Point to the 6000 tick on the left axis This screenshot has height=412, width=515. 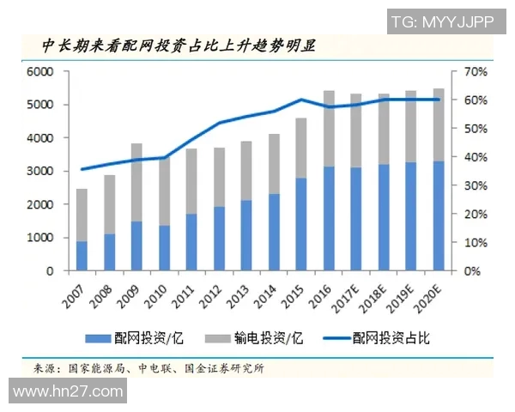(41, 72)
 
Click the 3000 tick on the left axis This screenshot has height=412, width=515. (41, 172)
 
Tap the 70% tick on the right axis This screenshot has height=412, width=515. (475, 72)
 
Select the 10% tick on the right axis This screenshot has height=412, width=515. (475, 243)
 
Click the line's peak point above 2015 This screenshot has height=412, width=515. (301, 100)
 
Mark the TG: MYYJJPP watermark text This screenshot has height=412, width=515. (442, 21)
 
